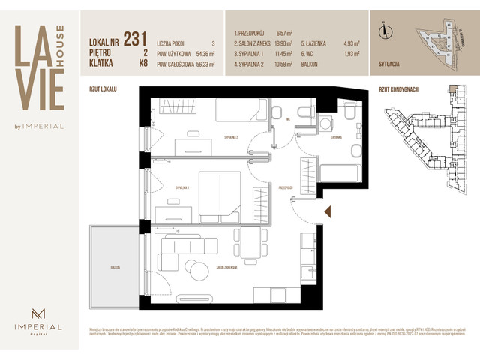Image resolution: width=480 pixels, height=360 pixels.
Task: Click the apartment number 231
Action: tap(135, 39)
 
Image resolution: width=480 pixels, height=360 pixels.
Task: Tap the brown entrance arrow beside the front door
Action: tap(326, 213)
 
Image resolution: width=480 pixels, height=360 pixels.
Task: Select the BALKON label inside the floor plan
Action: tap(115, 266)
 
